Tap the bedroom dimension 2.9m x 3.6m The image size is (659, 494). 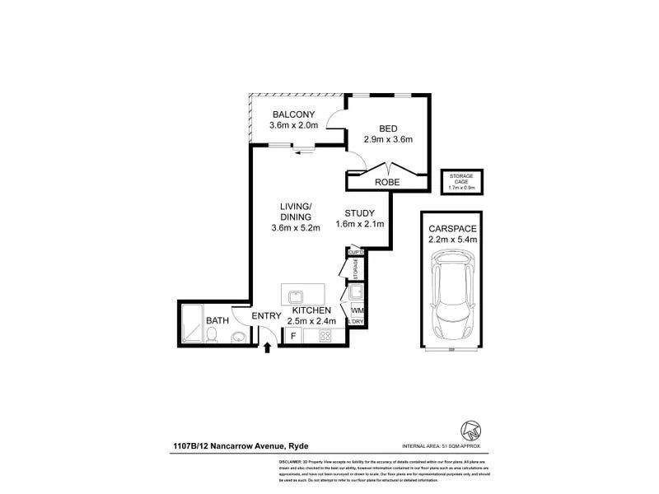[389, 139]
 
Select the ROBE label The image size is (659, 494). [387, 182]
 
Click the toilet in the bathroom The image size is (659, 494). [213, 333]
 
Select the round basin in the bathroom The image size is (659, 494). [238, 335]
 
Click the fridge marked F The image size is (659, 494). [292, 335]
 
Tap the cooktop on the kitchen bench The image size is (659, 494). [324, 335]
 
